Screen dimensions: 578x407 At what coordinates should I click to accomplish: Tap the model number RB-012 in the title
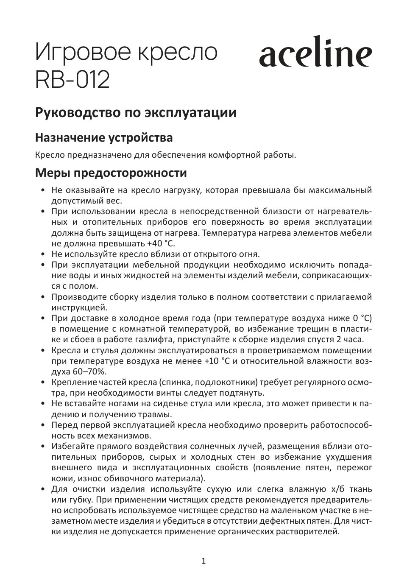(x=72, y=79)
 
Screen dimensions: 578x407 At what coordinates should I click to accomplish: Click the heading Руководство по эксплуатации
(x=136, y=113)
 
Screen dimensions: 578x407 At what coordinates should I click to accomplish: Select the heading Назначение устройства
(x=104, y=138)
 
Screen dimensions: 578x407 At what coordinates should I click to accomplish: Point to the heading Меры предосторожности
(x=111, y=173)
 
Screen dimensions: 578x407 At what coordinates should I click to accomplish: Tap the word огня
(x=248, y=254)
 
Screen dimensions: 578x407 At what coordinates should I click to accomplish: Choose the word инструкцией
(x=76, y=307)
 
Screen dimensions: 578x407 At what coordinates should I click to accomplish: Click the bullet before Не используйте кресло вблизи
(x=43, y=254)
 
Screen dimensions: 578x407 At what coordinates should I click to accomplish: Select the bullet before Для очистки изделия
(x=43, y=489)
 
